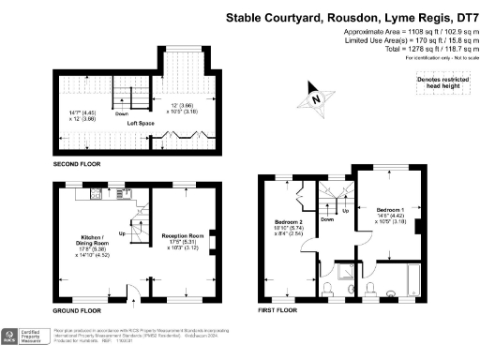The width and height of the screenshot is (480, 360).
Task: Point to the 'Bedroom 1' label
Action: (x=391, y=209)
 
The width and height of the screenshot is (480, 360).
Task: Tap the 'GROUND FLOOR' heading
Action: (x=77, y=308)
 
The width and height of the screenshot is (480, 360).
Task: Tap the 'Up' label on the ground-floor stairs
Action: (x=122, y=233)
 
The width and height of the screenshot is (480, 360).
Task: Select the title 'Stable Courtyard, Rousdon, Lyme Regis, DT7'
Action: (x=352, y=16)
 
